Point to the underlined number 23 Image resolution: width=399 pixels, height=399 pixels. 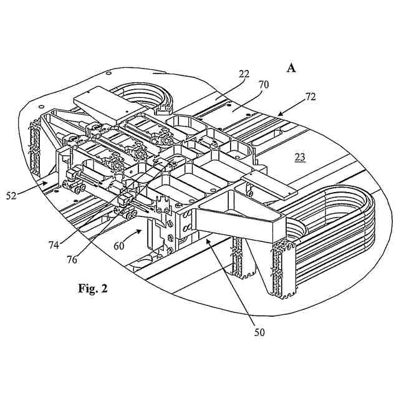300,158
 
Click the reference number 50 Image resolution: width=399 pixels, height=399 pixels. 259,332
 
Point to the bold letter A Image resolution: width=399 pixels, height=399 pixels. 291,68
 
